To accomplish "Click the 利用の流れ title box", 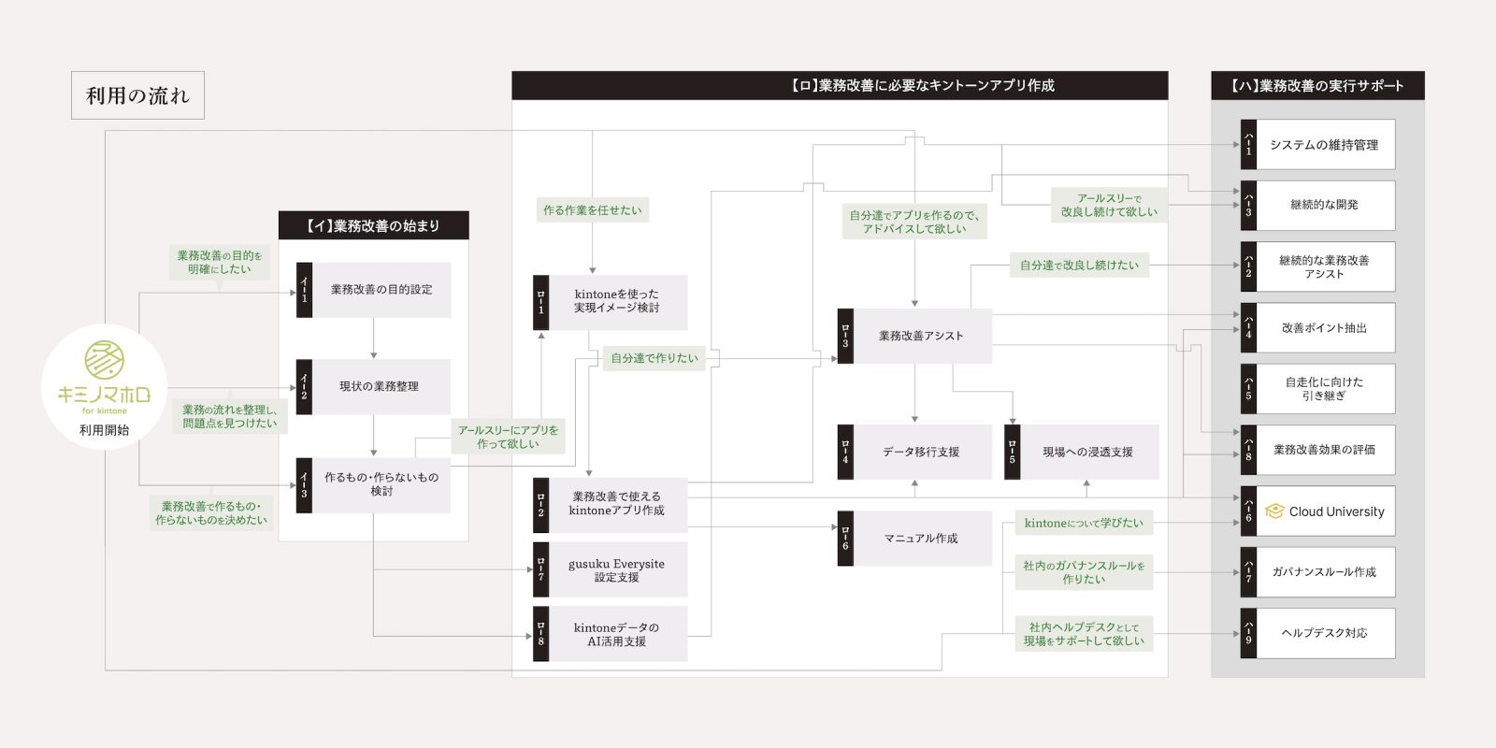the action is tap(137, 95).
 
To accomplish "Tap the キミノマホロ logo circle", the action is tap(104, 387).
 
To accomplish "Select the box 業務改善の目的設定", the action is tap(373, 290).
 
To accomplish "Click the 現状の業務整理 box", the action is tap(373, 387).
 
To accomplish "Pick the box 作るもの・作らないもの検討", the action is tap(373, 485).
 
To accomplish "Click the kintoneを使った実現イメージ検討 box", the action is tap(611, 302).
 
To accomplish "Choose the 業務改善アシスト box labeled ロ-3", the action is tap(915, 336).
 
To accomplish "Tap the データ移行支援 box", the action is tap(915, 453).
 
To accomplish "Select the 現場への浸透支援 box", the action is tap(1082, 453).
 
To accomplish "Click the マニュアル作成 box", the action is tap(915, 539).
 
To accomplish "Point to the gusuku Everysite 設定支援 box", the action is tap(611, 569).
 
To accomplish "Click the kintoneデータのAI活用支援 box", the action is tap(611, 634).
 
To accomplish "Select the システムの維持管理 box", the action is tap(1318, 144).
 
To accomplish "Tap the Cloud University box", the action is tap(1318, 511).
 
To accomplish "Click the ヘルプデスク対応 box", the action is tap(1318, 633).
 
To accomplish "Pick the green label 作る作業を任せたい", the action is tap(593, 209).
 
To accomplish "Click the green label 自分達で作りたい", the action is tap(654, 358).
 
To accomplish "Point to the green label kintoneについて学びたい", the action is tap(1084, 523).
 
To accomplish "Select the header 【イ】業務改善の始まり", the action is tap(373, 225).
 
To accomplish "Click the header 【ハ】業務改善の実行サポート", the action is tap(1317, 85).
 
